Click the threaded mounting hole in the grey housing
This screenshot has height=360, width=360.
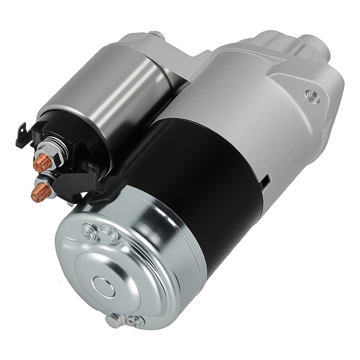click(x=311, y=94)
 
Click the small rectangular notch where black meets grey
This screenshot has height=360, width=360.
click(x=265, y=178)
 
